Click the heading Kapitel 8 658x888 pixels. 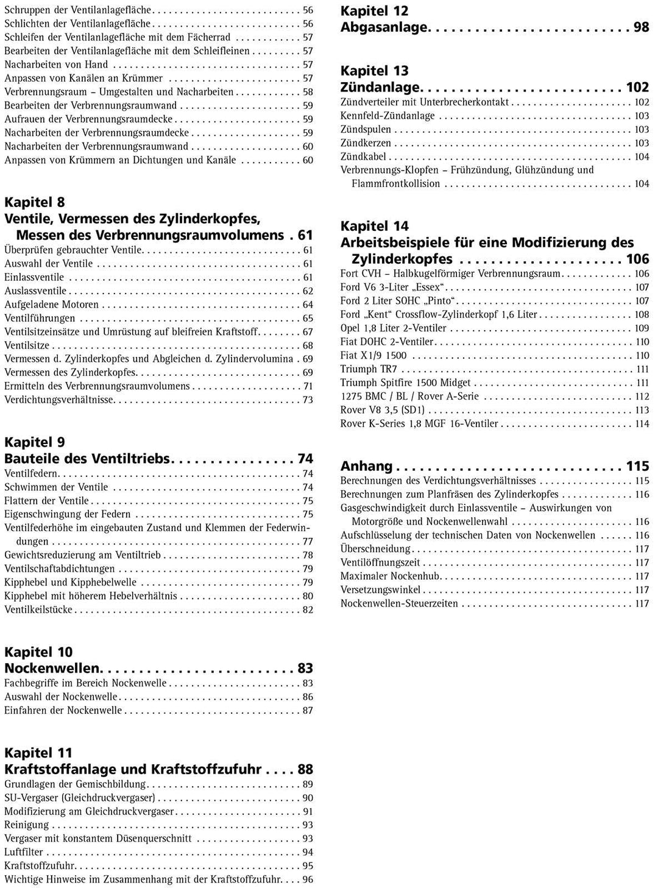point(34,202)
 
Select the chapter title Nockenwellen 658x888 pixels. point(52,668)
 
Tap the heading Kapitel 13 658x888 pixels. point(374,71)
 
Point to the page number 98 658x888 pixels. point(641,27)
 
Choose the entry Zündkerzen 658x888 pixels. point(366,143)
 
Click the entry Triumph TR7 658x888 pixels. point(369,369)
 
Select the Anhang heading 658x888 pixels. point(366,467)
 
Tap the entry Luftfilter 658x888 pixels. point(24,853)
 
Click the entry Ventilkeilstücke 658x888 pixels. point(38,610)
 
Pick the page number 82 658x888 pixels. point(308,610)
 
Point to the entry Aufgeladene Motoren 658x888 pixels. point(51,305)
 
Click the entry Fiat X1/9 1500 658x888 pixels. point(373,356)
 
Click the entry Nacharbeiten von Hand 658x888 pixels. point(56,65)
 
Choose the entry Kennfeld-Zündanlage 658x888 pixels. point(387,116)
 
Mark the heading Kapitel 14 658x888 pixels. point(374,227)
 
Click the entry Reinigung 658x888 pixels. point(26,825)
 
